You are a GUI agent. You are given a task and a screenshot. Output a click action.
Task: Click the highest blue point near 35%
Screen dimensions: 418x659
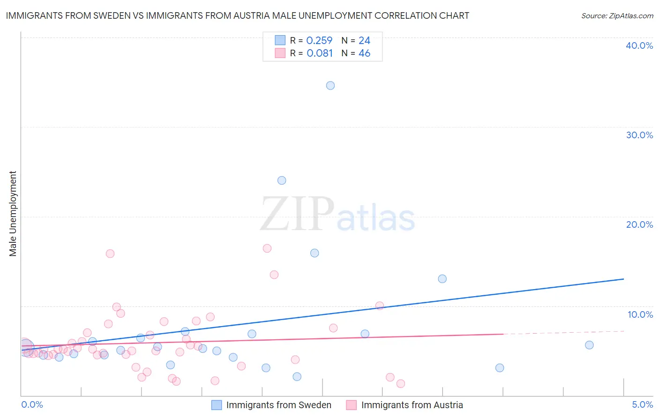coord(330,85)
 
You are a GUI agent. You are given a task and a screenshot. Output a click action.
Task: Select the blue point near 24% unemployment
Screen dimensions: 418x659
coord(282,180)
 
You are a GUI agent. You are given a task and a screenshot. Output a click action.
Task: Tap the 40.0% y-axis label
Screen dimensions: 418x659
coord(639,45)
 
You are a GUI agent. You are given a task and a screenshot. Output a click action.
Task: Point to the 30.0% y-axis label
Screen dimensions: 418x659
coord(639,135)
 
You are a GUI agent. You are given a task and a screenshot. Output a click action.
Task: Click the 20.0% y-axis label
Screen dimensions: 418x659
coord(639,224)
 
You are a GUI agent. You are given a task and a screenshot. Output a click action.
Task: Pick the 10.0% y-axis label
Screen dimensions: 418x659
coord(640,314)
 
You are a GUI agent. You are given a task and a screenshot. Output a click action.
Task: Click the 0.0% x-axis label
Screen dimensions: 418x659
coord(32,404)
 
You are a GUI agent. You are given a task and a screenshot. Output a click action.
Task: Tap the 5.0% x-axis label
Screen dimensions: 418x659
coord(642,404)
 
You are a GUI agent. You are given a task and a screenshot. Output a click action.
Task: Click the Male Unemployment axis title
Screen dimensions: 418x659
coord(13,214)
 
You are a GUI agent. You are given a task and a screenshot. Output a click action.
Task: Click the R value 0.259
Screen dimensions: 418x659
coord(319,41)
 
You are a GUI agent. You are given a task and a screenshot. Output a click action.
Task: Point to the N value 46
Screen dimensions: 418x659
coord(364,53)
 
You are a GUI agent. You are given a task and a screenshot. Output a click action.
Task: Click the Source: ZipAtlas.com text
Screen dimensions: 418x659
coord(617,16)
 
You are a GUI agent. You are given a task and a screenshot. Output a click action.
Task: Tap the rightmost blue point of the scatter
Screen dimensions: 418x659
coord(589,345)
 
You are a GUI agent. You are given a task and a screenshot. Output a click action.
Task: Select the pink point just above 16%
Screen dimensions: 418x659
coord(267,248)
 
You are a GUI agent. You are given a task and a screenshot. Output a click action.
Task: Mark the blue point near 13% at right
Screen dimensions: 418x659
coord(442,279)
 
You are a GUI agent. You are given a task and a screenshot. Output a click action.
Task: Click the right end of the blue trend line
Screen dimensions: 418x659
coord(623,279)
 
